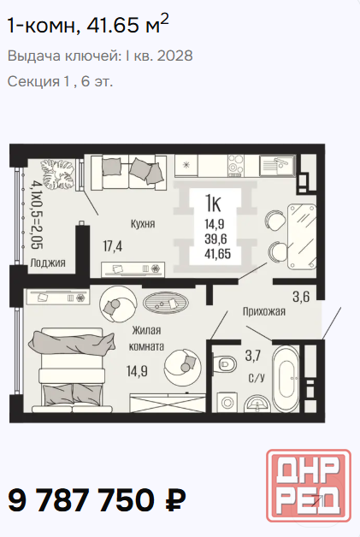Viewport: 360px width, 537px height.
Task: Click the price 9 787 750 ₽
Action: [x=97, y=500]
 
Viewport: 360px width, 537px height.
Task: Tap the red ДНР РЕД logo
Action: [x=309, y=486]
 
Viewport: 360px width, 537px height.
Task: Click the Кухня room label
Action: [x=143, y=224]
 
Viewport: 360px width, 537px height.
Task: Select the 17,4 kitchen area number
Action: [x=113, y=246]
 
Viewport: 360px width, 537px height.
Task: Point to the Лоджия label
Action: [x=48, y=263]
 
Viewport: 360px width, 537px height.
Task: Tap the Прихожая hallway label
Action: [x=264, y=311]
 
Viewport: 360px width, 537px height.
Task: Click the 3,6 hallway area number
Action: [x=301, y=297]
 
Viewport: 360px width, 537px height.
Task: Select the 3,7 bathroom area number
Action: [x=253, y=356]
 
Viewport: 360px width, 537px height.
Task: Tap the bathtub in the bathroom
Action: [x=286, y=379]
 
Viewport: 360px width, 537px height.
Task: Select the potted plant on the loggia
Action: [x=59, y=174]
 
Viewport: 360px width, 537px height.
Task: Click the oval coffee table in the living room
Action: [x=165, y=304]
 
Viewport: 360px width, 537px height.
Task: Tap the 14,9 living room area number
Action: [x=137, y=370]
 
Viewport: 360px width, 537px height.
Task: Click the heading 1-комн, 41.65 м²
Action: [x=88, y=25]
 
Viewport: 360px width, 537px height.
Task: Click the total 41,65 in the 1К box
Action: [x=217, y=254]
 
